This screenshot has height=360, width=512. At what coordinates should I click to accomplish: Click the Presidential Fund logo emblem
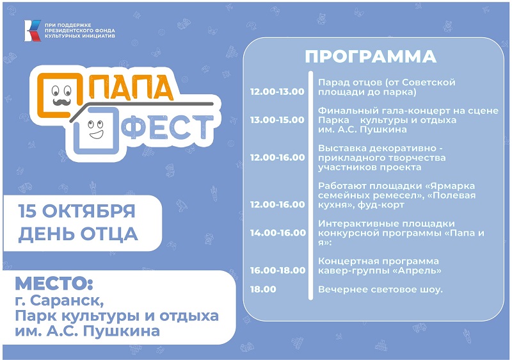[x=33, y=31]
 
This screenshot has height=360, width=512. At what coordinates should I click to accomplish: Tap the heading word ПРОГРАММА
[x=371, y=56]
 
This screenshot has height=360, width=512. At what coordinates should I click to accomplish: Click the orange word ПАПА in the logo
[x=131, y=87]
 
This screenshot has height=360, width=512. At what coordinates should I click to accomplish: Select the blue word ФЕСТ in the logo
[x=167, y=127]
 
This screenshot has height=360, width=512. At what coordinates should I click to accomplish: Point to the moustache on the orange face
[x=61, y=102]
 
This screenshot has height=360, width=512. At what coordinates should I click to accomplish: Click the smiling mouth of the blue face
[x=96, y=135]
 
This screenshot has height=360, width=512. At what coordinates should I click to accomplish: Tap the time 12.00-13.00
[x=277, y=92]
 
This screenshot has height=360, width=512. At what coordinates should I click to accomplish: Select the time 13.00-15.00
[x=277, y=120]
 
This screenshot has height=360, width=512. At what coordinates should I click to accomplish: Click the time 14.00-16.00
[x=278, y=233]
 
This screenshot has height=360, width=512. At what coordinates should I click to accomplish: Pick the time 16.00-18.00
[x=278, y=270]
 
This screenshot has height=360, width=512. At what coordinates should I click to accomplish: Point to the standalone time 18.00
[x=263, y=289]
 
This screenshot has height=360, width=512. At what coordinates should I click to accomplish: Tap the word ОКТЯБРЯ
[x=88, y=211]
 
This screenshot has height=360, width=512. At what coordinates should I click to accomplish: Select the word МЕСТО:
[x=54, y=283]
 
